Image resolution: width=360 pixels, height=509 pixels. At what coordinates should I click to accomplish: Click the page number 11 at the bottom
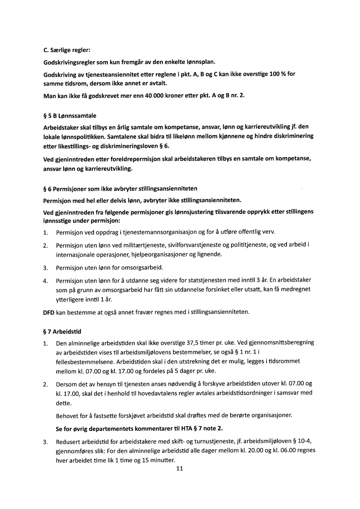(x=180, y=468)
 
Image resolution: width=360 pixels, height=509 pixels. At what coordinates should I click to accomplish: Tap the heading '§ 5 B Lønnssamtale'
(x=70, y=116)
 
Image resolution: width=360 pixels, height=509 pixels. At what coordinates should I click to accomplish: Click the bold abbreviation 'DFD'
(x=49, y=312)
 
